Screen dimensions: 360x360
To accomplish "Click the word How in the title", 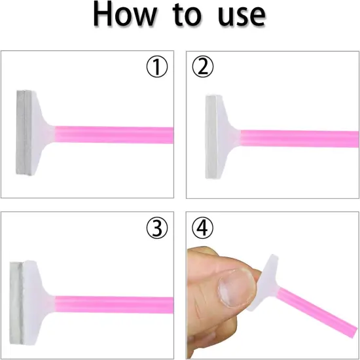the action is [125, 14].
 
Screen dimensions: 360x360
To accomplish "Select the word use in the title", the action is [242, 16].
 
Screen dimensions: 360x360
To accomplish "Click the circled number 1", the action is [157, 67].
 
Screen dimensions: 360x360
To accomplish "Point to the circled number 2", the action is [202, 67].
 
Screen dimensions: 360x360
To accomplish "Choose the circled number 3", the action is [157, 228].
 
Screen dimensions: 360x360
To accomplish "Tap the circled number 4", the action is [202, 228].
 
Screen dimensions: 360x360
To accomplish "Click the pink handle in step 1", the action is [114, 135].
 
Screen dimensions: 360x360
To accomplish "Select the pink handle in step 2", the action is [299, 139].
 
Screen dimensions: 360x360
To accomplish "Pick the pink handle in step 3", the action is [114, 305].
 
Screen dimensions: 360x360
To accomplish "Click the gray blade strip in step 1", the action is [24, 133].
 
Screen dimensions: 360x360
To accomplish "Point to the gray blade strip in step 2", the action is [211, 137].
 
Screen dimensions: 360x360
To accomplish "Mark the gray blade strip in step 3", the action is [16, 303].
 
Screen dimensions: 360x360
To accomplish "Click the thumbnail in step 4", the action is [236, 289].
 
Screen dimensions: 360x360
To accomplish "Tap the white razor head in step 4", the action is [268, 282].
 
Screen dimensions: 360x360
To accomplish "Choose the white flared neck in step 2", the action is [226, 137].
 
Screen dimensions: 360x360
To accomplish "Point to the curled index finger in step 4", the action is [207, 331].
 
